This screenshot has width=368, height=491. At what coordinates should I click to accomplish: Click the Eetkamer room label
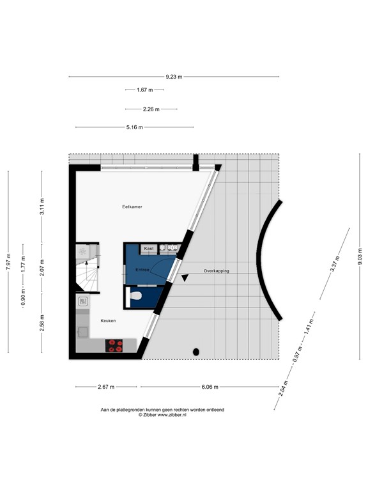click(x=132, y=207)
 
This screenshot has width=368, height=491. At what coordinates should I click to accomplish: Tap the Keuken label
click(x=107, y=320)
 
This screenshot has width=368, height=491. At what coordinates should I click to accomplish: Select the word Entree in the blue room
click(x=142, y=270)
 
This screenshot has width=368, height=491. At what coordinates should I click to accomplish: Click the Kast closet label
click(x=148, y=248)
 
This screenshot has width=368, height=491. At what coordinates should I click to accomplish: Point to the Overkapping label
click(x=216, y=271)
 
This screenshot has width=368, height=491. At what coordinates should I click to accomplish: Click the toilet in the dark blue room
click(x=135, y=295)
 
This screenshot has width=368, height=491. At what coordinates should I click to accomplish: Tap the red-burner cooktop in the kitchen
click(x=115, y=346)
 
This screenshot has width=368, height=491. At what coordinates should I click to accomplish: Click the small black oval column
click(x=196, y=352)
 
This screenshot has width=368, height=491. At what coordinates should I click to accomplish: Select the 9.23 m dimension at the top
click(x=174, y=77)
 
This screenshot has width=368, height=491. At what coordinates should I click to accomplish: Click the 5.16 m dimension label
click(x=134, y=127)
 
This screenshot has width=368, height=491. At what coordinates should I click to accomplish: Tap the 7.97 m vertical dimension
click(x=8, y=262)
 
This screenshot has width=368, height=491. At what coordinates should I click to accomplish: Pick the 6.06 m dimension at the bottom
click(x=210, y=387)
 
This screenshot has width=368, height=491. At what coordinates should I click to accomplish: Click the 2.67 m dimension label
click(x=105, y=387)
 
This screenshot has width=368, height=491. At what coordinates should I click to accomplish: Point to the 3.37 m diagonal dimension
click(x=333, y=265)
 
